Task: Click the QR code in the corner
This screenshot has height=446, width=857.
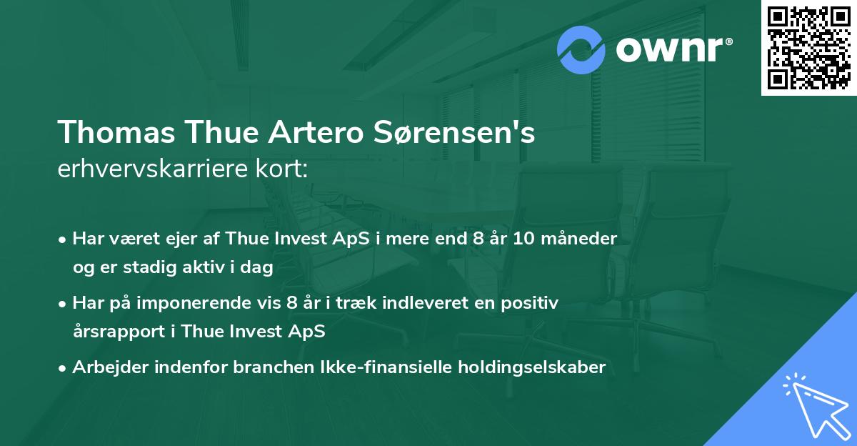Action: (809, 47)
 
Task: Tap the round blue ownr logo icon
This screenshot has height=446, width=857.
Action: (581, 49)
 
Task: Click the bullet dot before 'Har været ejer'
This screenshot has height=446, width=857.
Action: (64, 239)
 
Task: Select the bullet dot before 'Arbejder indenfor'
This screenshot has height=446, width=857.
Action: (64, 368)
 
